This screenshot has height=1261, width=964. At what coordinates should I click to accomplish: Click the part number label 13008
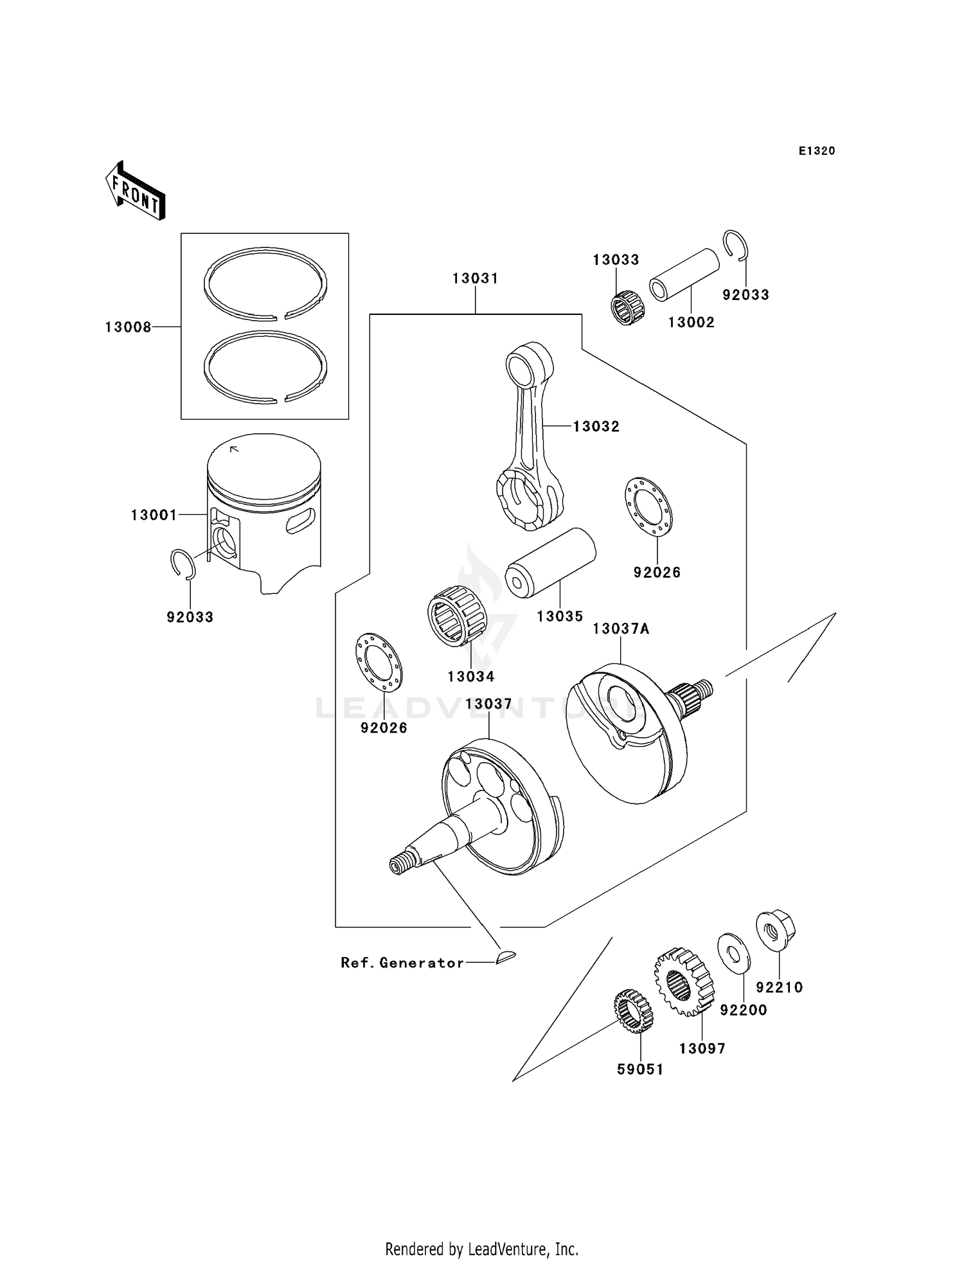128,327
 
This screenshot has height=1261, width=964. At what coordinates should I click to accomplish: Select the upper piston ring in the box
265,283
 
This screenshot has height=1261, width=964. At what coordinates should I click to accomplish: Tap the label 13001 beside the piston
154,515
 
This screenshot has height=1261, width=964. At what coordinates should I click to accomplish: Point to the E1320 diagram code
816,151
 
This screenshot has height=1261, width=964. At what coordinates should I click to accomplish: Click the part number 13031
475,278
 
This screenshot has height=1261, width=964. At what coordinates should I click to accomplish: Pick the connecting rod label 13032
596,426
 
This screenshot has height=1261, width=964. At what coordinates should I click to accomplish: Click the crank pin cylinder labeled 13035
550,563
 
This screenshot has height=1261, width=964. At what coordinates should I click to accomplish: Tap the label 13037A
620,629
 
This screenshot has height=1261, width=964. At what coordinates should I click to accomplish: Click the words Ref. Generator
402,963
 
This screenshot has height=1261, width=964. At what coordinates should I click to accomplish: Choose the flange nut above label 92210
776,930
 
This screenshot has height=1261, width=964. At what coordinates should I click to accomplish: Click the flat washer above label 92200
733,952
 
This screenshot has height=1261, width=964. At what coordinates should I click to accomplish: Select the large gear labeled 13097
684,981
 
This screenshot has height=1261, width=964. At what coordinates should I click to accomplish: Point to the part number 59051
639,1069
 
